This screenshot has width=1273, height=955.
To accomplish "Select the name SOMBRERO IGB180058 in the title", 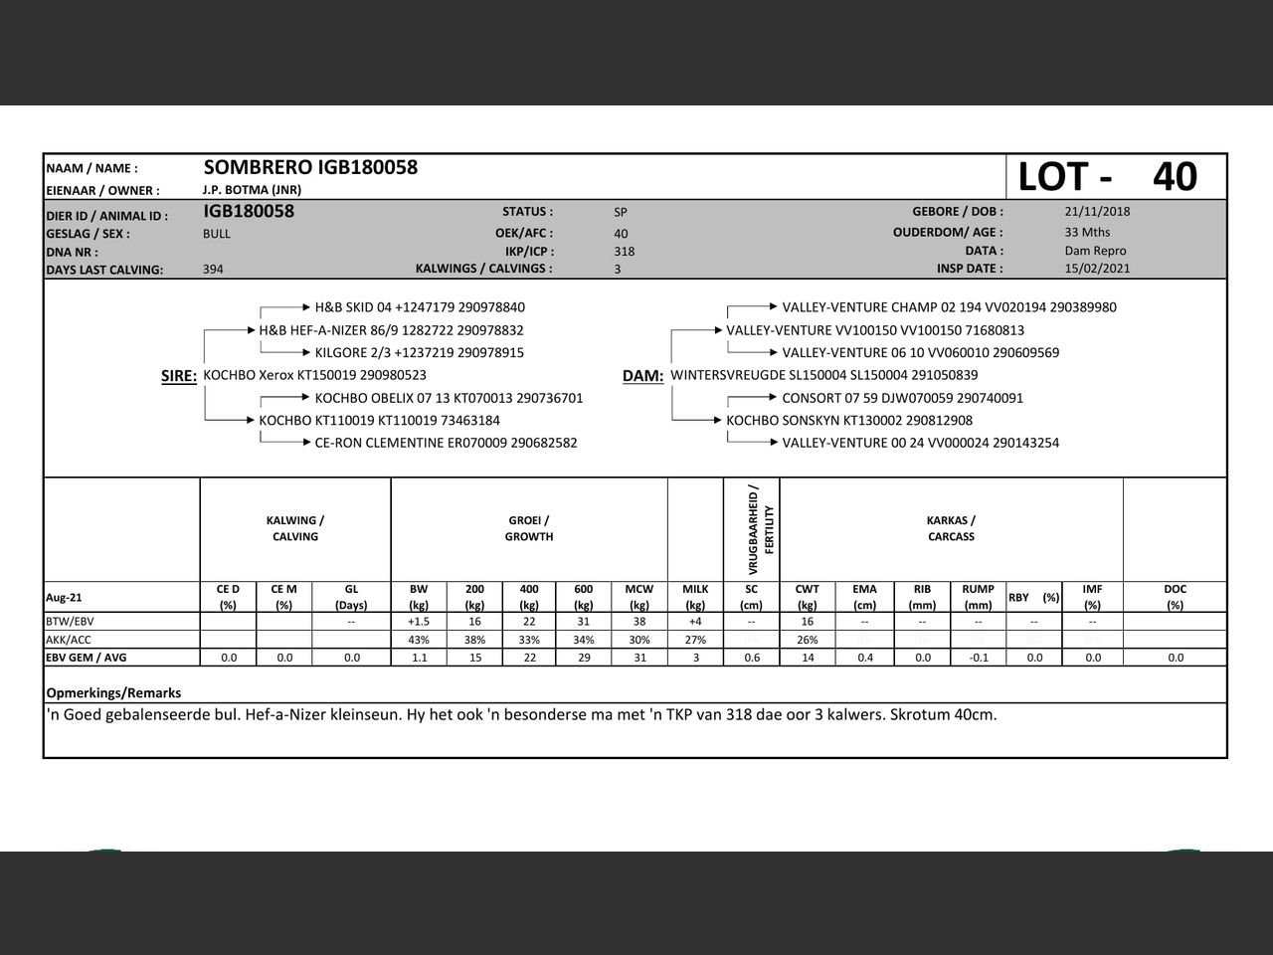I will [310, 167].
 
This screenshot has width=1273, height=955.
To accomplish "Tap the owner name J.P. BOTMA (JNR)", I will [252, 190].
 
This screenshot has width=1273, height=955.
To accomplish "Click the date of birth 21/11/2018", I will [1097, 211].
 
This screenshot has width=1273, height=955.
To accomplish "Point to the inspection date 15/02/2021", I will [1097, 269].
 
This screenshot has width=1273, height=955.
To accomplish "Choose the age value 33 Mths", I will [1087, 232].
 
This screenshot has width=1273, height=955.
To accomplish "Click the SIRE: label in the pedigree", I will [179, 376].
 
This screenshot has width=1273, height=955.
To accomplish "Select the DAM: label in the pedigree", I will [642, 376].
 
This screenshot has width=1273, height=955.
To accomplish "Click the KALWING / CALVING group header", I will [295, 528].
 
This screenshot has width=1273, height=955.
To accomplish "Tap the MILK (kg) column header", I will [695, 597].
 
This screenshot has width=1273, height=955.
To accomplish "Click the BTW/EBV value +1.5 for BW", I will [419, 622].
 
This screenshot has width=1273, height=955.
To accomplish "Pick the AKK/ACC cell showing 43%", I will [419, 640].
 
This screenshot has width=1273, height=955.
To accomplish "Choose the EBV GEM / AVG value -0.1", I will [979, 658].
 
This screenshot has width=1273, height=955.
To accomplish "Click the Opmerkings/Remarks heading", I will [113, 692].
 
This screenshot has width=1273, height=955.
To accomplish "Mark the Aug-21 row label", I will [65, 598].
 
